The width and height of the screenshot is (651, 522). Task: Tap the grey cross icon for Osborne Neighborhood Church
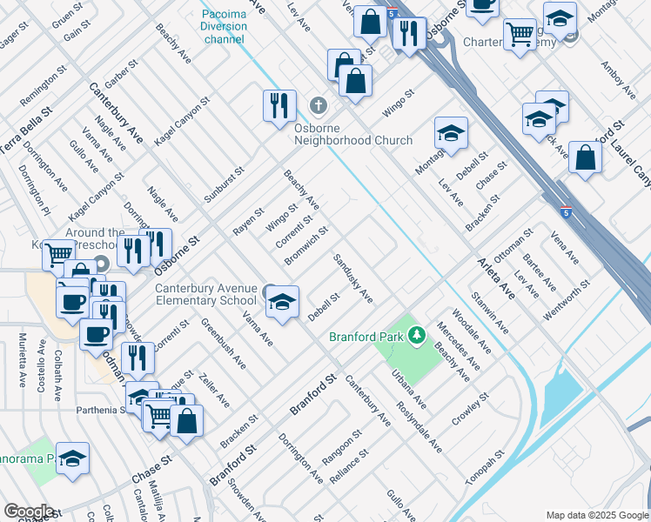318,107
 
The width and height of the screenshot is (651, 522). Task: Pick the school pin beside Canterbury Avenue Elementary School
281,301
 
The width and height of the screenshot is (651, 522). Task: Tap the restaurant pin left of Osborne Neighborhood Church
279,105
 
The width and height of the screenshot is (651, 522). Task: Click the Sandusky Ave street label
353,279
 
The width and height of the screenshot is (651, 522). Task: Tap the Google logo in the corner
28,512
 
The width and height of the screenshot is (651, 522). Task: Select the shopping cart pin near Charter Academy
520,35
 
